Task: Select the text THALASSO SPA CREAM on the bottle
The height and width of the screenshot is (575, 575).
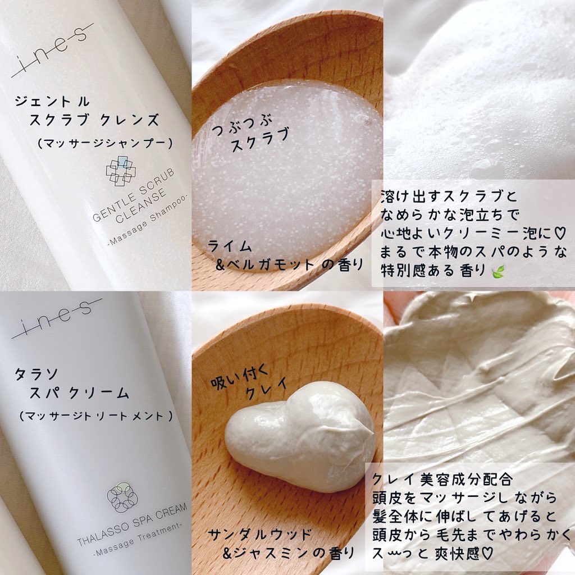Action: (133, 524)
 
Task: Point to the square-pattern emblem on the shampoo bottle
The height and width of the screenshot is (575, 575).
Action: (121, 171)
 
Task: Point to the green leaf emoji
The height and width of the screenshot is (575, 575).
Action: (498, 272)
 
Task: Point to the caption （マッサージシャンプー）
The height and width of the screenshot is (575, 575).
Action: (104, 143)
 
